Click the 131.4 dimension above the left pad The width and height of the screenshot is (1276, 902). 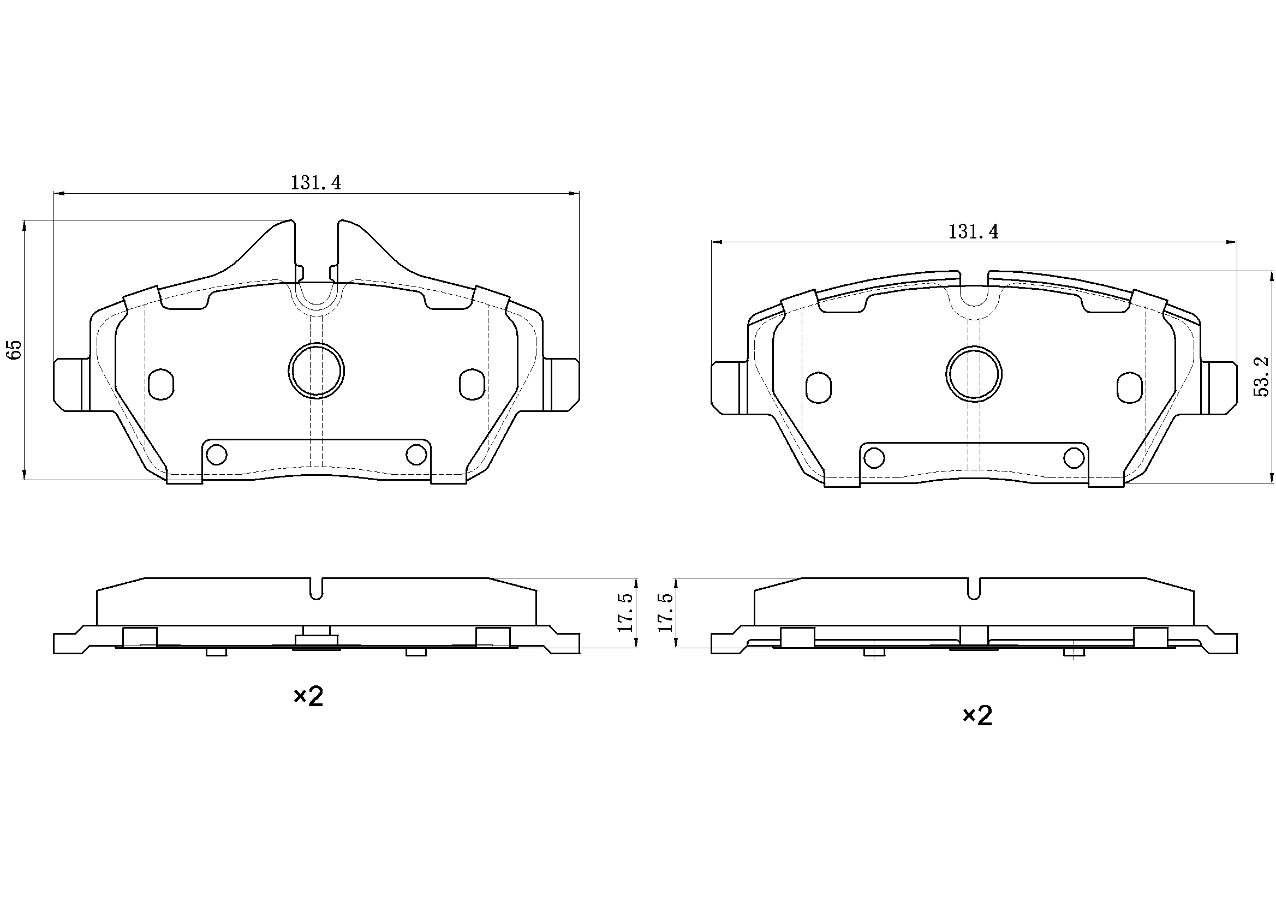(x=315, y=183)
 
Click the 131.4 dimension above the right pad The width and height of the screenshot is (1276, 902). (x=973, y=232)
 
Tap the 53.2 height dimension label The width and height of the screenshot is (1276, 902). (x=1262, y=377)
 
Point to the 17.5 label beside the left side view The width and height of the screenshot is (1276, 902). (x=625, y=612)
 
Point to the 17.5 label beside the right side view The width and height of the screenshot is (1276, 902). (x=665, y=612)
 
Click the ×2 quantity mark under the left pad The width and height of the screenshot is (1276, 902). (x=308, y=696)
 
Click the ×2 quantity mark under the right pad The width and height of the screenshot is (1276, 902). (x=977, y=716)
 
